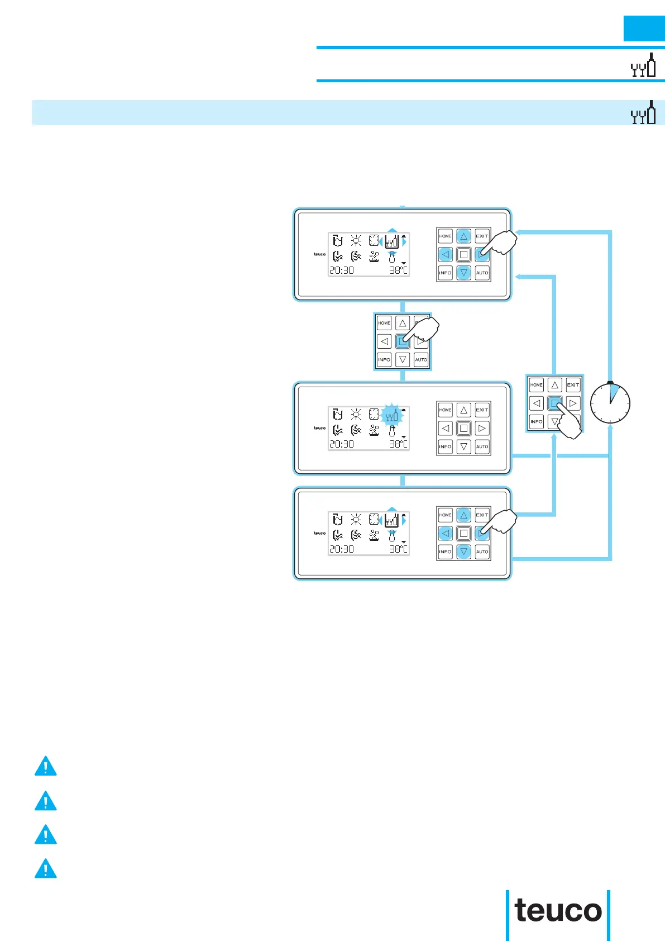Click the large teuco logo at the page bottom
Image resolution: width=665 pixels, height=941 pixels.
pos(558,911)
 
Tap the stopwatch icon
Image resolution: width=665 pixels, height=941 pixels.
pos(610,403)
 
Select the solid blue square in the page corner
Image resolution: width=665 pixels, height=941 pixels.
pos(644,28)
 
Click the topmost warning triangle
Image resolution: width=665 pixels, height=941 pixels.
pos(45,766)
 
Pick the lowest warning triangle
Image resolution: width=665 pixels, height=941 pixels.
pos(45,869)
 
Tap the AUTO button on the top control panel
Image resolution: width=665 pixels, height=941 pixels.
pos(482,273)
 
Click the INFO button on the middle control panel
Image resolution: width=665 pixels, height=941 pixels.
pos(445,446)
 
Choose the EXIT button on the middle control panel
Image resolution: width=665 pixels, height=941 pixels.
pos(482,410)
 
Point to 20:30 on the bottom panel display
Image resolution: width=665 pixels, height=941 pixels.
pos(341,549)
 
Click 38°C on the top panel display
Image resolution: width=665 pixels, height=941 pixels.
pos(399,270)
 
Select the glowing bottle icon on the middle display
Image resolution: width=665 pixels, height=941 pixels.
pos(392,415)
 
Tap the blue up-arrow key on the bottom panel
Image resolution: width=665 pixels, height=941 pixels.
pos(463,515)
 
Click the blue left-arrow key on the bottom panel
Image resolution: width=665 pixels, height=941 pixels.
pos(445,534)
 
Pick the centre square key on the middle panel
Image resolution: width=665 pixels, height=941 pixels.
pos(463,429)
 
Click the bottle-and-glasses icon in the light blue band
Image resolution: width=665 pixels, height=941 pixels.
pos(643,113)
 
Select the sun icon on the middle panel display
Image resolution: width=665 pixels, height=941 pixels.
pos(356,415)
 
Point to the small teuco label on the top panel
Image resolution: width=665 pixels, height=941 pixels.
pos(319,254)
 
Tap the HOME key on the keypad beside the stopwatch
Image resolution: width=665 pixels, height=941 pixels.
pos(536,385)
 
